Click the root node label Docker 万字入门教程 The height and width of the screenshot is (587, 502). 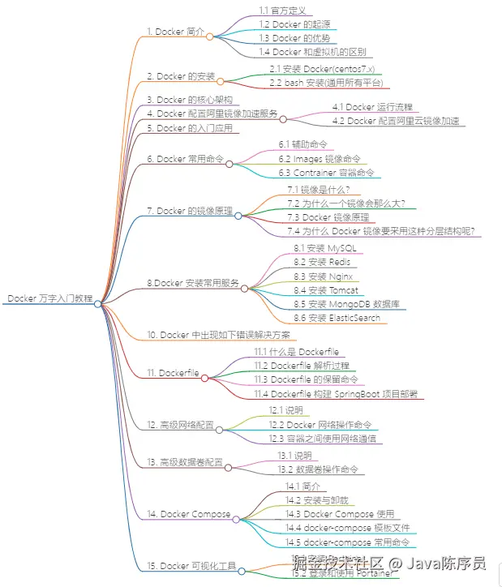(49, 298)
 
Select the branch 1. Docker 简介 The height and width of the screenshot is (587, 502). (175, 32)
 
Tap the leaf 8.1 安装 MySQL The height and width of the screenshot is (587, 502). (324, 247)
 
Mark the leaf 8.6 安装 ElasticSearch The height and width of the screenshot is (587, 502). (337, 318)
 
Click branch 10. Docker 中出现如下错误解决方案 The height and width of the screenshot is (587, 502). (221, 335)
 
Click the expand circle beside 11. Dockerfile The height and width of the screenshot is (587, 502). (205, 377)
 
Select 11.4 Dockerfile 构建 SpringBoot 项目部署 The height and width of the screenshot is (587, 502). (336, 394)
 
